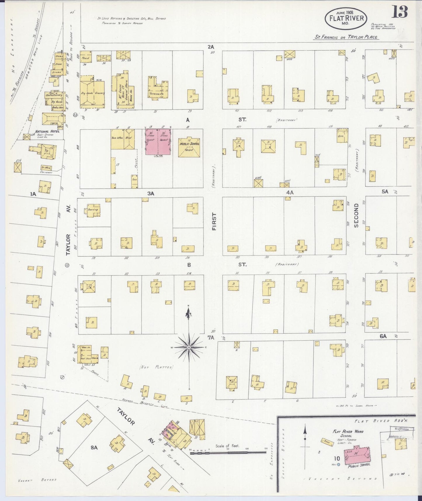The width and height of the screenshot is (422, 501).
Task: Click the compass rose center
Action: tap(189, 347)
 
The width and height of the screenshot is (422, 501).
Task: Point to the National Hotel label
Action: tap(47, 132)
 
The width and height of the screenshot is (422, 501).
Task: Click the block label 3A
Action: tap(151, 194)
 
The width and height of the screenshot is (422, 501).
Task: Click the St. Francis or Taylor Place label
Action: tap(346, 37)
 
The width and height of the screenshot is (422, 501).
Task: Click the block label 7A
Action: tap(211, 338)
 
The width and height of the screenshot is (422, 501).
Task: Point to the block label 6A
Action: tap(383, 336)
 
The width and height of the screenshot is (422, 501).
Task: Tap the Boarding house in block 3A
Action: tap(92, 210)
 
